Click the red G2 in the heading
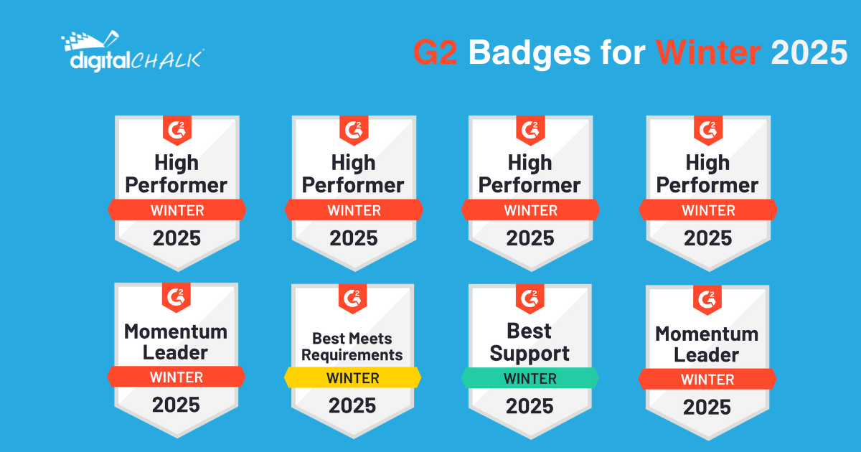click(x=436, y=52)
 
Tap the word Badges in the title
click(x=530, y=55)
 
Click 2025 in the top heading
click(x=809, y=52)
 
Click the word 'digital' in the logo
click(x=100, y=62)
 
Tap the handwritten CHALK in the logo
click(x=166, y=60)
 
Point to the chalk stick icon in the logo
click(x=111, y=38)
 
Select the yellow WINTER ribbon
click(x=353, y=378)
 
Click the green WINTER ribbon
click(x=530, y=378)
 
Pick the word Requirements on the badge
click(x=352, y=354)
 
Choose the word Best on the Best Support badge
click(x=530, y=331)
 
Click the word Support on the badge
click(x=530, y=354)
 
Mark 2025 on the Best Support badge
click(x=530, y=406)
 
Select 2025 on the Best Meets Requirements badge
click(x=352, y=405)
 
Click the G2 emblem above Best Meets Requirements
click(x=353, y=298)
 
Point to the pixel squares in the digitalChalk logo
click(x=79, y=41)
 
